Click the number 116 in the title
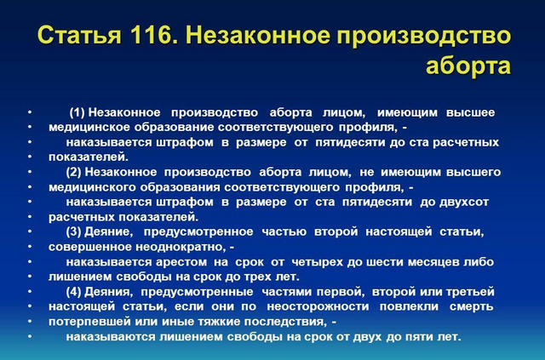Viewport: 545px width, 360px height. point(152,35)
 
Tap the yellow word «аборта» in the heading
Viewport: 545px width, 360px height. point(468,66)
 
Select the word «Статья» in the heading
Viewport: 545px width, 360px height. point(80,35)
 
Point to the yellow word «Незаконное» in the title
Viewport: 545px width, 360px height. point(258,35)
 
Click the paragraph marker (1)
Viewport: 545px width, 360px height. point(77,112)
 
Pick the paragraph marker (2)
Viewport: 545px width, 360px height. point(74,172)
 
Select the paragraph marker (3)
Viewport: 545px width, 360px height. point(74,231)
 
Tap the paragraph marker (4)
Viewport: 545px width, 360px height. point(74,291)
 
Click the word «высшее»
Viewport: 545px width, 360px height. point(470,112)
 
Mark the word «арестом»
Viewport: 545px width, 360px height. point(181,261)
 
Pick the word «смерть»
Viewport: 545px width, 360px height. point(471,306)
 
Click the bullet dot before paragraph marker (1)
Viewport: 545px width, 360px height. point(30,112)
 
